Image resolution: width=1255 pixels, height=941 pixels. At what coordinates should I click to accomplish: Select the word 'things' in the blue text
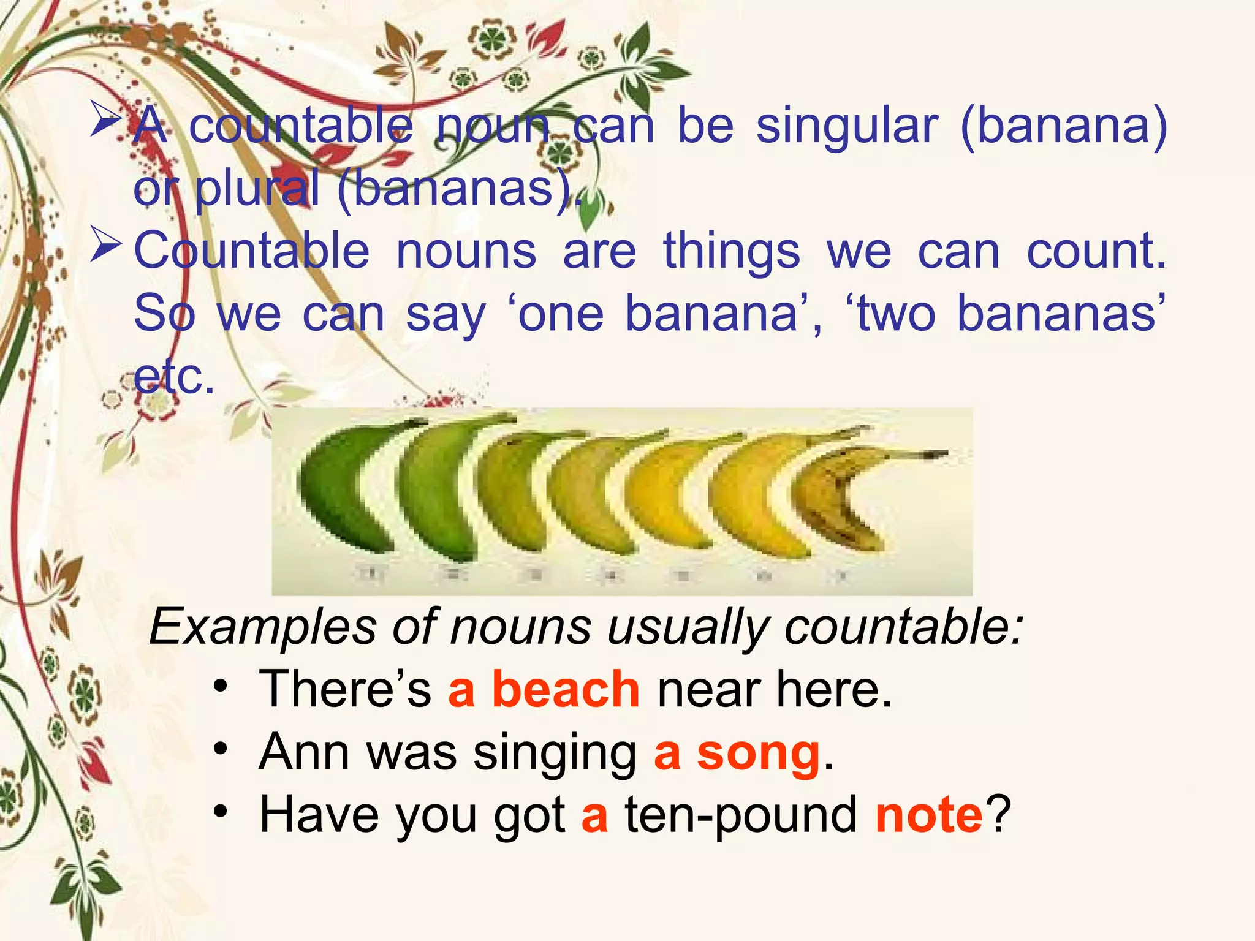coord(732,252)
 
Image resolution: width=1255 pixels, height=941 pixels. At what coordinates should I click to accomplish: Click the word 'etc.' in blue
coord(174,377)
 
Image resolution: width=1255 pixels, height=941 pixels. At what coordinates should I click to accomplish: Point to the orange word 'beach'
coord(566,690)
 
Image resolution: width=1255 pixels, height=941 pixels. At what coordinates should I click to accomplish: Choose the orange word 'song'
coord(759,754)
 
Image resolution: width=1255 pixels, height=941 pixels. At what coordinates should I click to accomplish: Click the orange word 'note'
coord(929,815)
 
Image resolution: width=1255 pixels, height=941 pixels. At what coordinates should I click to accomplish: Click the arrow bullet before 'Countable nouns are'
coord(105,245)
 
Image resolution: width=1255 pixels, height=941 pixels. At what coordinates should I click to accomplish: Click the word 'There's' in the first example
coord(345,690)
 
